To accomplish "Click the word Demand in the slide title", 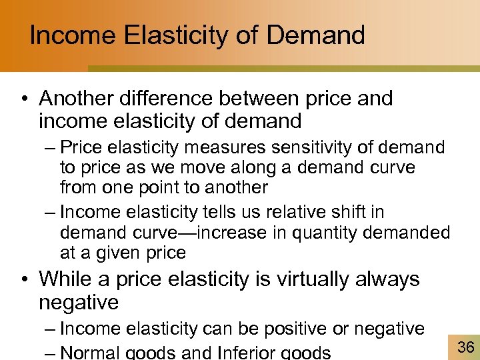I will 317,35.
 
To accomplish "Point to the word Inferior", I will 243,351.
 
